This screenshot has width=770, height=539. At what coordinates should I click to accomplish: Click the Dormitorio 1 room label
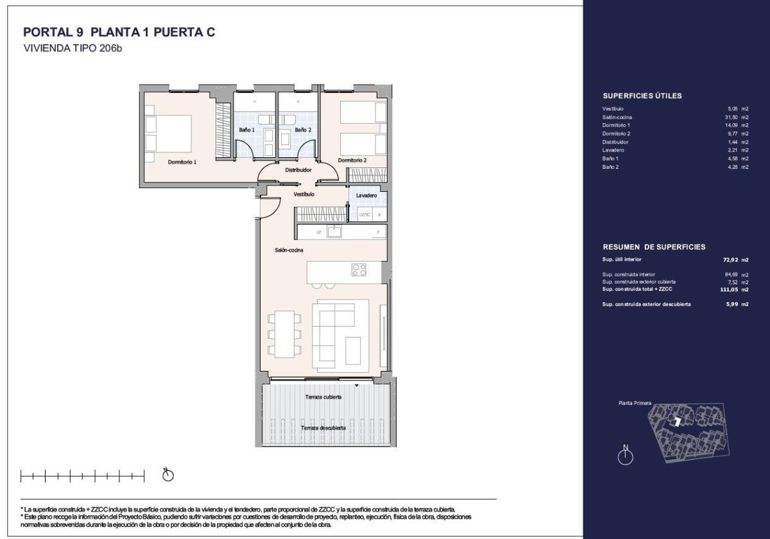[182, 162]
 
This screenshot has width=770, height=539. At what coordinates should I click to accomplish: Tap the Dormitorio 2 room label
[352, 160]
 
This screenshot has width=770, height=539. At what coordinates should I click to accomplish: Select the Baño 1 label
[247, 130]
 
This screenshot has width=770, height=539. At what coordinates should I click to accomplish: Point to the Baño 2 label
[303, 130]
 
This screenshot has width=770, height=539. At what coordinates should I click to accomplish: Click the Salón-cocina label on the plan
[290, 250]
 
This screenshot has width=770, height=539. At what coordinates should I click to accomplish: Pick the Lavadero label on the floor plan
[366, 195]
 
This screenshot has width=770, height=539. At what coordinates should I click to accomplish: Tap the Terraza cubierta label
[323, 397]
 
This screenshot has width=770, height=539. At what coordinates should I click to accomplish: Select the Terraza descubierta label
[324, 427]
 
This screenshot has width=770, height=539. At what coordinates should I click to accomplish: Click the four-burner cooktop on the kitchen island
[359, 270]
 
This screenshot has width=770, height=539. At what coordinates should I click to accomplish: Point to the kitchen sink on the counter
[334, 232]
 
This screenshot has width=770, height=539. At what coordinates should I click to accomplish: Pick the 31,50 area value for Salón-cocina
[731, 117]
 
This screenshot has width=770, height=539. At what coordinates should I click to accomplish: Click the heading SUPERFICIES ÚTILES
[642, 96]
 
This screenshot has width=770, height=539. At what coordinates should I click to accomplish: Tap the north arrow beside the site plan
[624, 456]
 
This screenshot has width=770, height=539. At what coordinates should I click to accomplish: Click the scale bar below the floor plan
[82, 476]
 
